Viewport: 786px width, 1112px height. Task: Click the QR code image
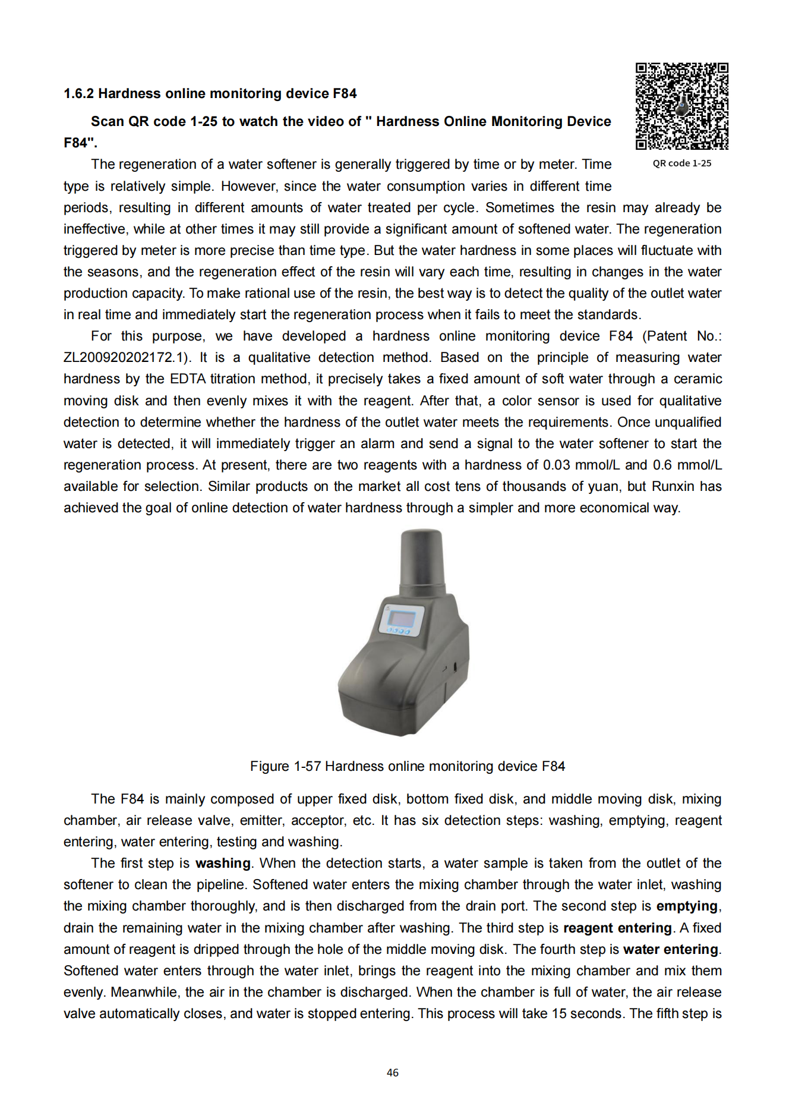(x=681, y=106)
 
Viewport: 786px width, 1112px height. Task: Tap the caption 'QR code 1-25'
(x=681, y=163)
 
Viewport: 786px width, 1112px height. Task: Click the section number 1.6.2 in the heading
(x=79, y=93)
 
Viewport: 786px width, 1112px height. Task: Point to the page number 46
(x=393, y=1072)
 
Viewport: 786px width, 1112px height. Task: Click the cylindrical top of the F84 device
(x=421, y=562)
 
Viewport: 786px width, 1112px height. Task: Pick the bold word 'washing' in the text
(x=223, y=863)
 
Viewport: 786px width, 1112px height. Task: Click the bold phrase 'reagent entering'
(x=617, y=928)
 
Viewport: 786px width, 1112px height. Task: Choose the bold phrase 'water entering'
(x=671, y=949)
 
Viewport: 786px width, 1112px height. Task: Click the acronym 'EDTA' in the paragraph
(x=188, y=379)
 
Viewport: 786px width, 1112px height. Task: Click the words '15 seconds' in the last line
(x=588, y=1013)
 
